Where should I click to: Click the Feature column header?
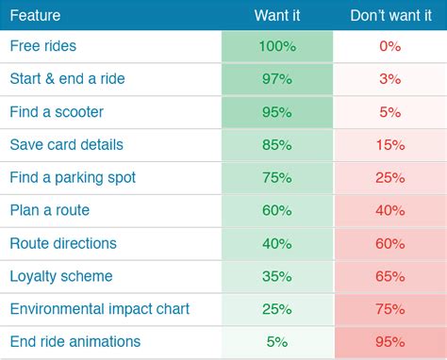coord(37,15)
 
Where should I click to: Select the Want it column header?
coord(277,15)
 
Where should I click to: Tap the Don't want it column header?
coord(390,15)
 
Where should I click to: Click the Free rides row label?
coord(42,46)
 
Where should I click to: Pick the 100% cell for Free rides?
coord(277,46)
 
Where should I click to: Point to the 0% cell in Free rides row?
coord(390,46)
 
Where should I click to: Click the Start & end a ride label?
coord(66,79)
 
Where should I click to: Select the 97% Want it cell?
coord(277,79)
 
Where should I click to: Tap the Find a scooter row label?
coord(57,112)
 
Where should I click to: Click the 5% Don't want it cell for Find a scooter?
coord(390,112)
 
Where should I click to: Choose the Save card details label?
coord(66,145)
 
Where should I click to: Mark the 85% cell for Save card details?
coord(277,145)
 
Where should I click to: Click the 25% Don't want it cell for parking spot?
coord(390,178)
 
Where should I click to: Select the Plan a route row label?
coord(50,210)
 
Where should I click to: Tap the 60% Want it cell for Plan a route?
coord(277,210)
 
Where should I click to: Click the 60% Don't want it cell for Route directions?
coord(390,243)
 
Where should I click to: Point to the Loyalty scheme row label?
coord(60,276)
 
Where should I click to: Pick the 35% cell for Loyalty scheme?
coord(277,276)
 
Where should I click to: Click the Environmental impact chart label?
coord(99,309)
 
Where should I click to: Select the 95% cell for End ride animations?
coord(390,342)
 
